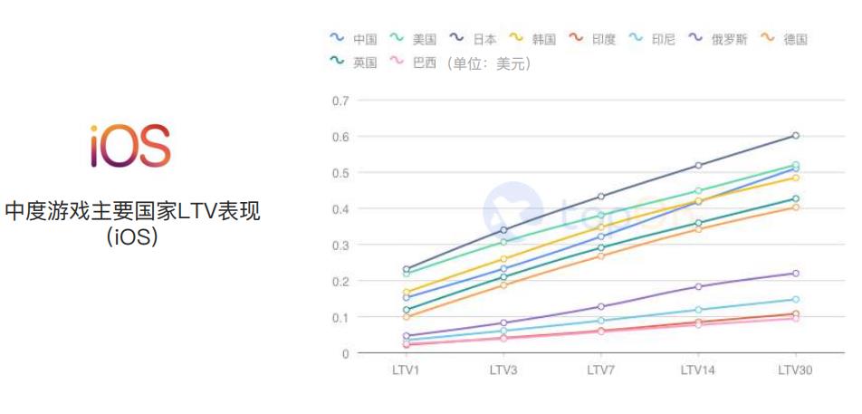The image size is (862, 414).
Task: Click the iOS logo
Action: pyautogui.click(x=130, y=147)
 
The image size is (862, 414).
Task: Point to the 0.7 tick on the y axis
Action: pyautogui.click(x=340, y=100)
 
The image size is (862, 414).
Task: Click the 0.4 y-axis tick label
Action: pyautogui.click(x=340, y=208)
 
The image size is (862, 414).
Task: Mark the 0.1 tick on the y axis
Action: pyautogui.click(x=340, y=317)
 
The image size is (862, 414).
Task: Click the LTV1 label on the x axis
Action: pyautogui.click(x=407, y=370)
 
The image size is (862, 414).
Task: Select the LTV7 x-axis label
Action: pyautogui.click(x=601, y=370)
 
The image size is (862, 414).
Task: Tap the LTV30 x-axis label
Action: pyautogui.click(x=795, y=370)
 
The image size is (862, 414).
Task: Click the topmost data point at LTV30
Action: pyautogui.click(x=796, y=135)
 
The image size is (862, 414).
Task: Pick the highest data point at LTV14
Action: pyautogui.click(x=698, y=165)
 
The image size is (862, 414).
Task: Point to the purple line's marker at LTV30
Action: pyautogui.click(x=796, y=274)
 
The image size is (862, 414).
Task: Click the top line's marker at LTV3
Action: pyautogui.click(x=503, y=229)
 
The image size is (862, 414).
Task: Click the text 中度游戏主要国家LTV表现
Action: pyautogui.click(x=132, y=212)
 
